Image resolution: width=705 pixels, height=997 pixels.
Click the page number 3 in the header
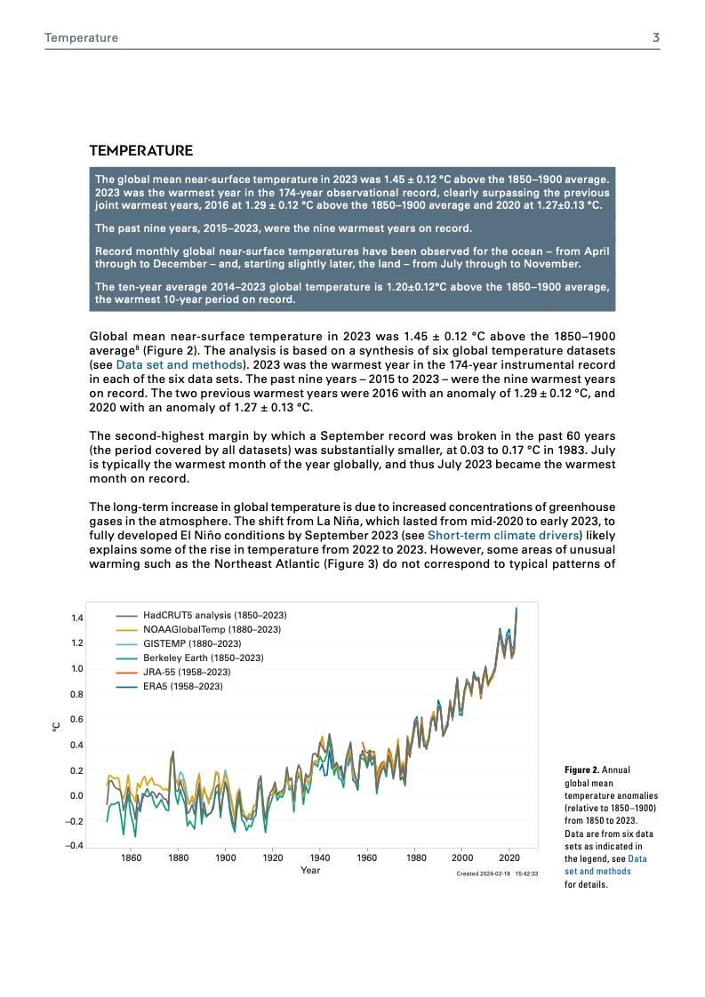(655, 38)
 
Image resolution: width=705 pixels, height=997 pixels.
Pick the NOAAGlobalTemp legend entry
(212, 629)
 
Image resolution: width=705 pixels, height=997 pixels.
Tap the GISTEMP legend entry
(192, 643)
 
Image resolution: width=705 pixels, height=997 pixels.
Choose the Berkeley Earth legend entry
(203, 658)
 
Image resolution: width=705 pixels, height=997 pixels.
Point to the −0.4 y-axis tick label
(74, 846)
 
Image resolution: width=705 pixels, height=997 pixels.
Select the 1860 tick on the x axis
(131, 858)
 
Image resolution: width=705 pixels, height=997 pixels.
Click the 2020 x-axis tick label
(509, 858)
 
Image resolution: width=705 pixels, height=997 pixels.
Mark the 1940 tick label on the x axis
(320, 858)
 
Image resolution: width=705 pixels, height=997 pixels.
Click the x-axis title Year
(310, 871)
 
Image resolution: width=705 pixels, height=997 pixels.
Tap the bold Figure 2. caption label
(582, 769)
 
